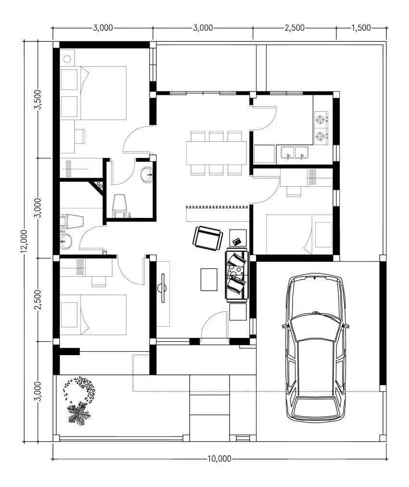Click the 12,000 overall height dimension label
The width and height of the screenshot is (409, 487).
click(x=25, y=241)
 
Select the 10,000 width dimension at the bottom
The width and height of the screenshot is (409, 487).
click(x=219, y=459)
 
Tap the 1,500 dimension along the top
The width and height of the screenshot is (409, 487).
click(x=361, y=28)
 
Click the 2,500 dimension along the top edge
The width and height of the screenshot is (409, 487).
click(x=294, y=28)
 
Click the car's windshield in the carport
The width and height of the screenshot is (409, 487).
click(x=315, y=328)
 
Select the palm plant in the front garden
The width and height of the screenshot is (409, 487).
click(x=79, y=413)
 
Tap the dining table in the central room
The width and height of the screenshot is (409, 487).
click(x=216, y=153)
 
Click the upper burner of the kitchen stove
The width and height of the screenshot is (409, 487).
click(x=321, y=118)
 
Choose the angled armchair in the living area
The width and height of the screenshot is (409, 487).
click(x=207, y=238)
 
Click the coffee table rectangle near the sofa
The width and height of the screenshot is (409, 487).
click(x=209, y=280)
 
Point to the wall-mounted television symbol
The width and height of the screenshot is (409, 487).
click(x=163, y=288)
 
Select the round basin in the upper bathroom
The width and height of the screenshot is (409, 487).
click(x=147, y=175)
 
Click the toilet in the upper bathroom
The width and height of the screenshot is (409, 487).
click(x=119, y=205)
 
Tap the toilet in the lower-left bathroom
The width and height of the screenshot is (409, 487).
click(x=72, y=221)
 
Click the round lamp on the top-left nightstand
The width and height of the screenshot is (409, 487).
click(x=67, y=58)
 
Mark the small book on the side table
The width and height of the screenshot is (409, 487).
click(x=237, y=241)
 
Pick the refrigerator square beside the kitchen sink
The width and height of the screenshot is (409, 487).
click(x=264, y=154)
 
